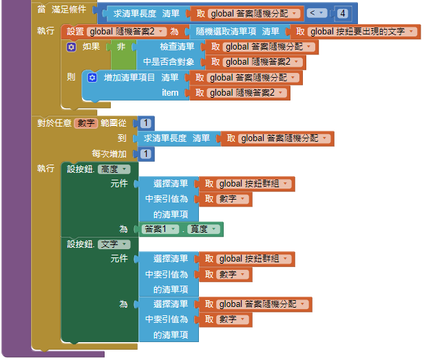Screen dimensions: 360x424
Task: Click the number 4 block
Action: [x=342, y=13]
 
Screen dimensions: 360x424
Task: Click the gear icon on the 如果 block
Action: [x=71, y=47]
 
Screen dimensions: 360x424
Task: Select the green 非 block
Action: [x=121, y=47]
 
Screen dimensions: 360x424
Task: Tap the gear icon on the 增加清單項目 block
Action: [x=92, y=78]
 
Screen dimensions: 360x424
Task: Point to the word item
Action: [x=170, y=93]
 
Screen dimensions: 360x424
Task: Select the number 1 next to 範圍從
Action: [x=146, y=123]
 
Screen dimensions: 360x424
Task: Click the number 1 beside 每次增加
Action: [x=146, y=153]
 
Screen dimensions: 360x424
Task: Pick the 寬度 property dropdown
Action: [x=205, y=229]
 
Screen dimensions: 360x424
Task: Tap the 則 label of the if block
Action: [x=72, y=77]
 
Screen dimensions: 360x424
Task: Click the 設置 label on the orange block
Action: [x=76, y=32]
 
